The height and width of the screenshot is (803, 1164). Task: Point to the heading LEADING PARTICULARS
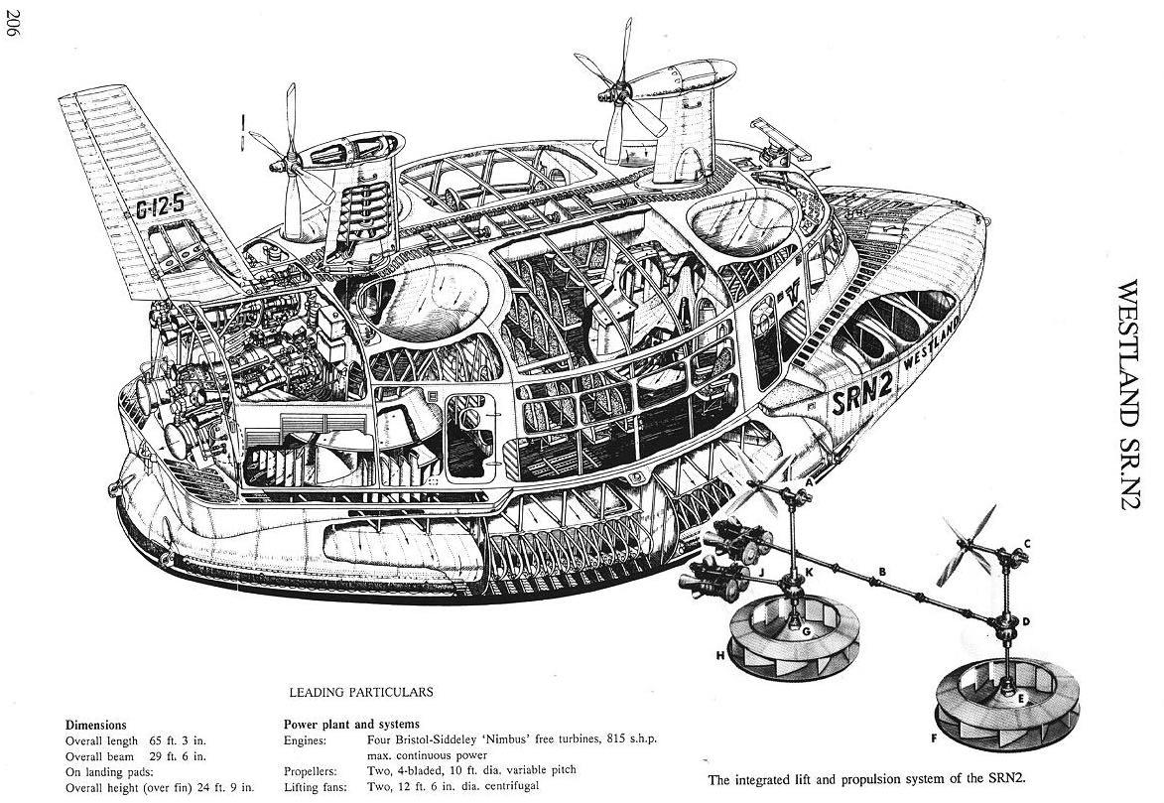coord(360,692)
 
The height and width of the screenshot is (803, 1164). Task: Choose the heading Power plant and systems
coord(351,724)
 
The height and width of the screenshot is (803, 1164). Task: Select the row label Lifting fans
coord(316,786)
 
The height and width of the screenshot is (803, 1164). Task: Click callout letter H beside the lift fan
coord(717,655)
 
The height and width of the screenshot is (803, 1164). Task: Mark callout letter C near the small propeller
coord(1026,543)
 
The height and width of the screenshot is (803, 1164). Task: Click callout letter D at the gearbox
coord(1025,621)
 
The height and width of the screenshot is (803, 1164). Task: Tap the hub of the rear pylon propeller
coord(289,159)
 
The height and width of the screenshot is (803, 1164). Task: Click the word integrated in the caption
coord(768,779)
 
